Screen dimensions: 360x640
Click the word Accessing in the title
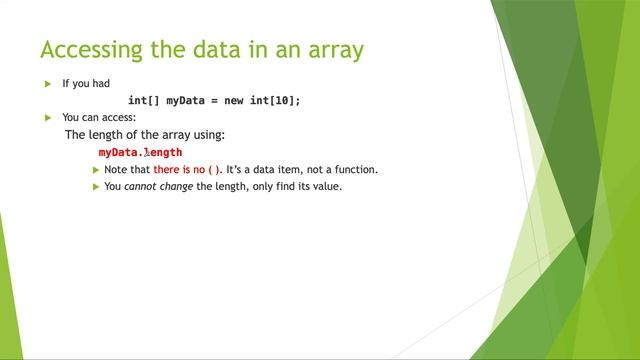87,49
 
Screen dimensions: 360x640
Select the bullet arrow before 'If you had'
47,84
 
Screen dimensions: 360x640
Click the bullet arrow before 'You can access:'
47,118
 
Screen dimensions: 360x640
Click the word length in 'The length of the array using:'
110,134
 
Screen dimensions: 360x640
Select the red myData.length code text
140,152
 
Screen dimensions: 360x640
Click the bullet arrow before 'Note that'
96,170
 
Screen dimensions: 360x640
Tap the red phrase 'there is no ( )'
187,170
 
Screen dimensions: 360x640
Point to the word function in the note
356,170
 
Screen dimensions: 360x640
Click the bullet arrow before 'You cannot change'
96,186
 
